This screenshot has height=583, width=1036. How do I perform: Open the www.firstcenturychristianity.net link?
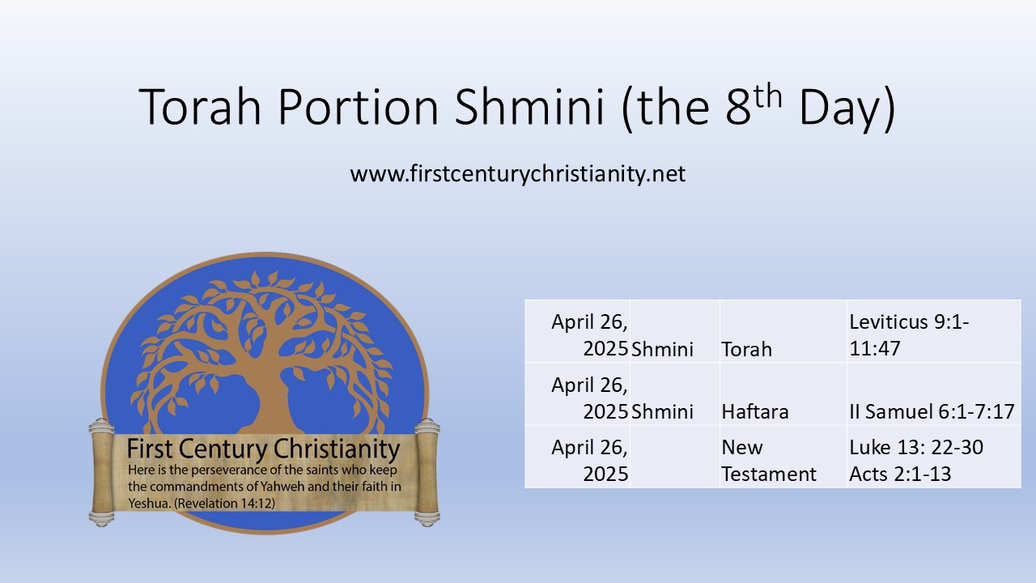click(518, 173)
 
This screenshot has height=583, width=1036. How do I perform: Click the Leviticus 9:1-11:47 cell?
click(909, 335)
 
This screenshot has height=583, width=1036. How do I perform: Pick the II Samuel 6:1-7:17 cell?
click(932, 411)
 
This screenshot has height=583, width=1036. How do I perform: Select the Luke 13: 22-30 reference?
click(916, 448)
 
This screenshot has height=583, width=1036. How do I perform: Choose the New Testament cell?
click(768, 461)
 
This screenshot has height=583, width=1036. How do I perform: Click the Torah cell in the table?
click(746, 349)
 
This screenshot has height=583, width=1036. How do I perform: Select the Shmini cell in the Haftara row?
click(662, 411)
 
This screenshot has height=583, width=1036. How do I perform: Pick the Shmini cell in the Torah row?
click(662, 349)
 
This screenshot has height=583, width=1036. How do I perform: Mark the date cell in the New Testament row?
click(589, 461)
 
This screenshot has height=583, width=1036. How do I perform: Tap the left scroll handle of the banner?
click(100, 471)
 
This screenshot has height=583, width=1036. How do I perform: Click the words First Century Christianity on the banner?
click(263, 449)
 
